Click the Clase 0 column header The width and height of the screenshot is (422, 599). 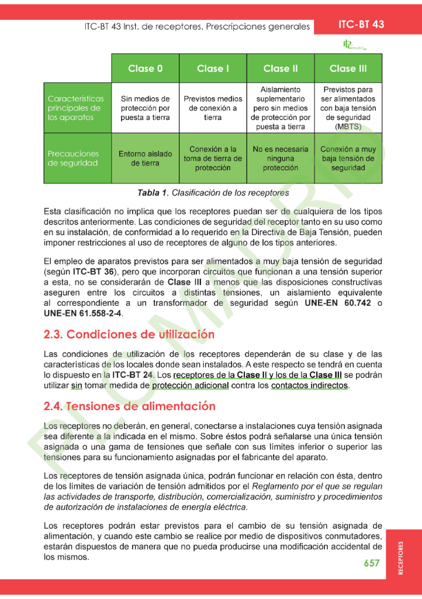(x=146, y=68)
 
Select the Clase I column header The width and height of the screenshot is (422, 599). (x=213, y=68)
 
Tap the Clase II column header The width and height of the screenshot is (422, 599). (x=280, y=68)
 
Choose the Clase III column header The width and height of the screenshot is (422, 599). (x=348, y=68)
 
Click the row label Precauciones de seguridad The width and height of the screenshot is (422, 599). (x=73, y=159)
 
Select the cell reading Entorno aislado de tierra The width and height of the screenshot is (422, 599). (x=146, y=159)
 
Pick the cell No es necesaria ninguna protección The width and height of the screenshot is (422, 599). (x=280, y=159)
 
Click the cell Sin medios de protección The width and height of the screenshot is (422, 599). (x=146, y=108)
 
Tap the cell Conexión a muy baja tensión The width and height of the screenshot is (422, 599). (x=348, y=159)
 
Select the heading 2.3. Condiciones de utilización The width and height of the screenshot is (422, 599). (x=129, y=335)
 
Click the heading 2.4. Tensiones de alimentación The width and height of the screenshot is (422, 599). (x=130, y=406)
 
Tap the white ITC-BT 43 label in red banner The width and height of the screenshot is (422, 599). (x=361, y=25)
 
